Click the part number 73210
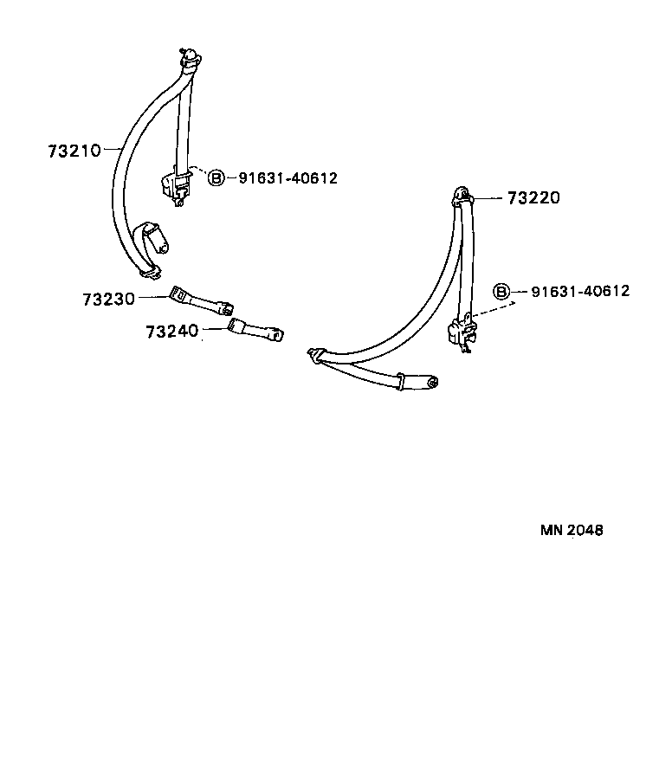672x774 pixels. [74, 151]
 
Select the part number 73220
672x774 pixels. [533, 198]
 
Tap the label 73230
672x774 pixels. [108, 300]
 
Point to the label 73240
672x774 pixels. [171, 332]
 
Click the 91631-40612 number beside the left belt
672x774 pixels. [288, 177]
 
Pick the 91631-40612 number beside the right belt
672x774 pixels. [580, 291]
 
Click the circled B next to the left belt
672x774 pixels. [216, 177]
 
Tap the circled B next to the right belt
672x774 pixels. [501, 291]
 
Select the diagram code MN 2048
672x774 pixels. [572, 530]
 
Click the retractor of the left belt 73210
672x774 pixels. [175, 185]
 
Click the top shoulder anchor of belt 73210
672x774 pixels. [190, 59]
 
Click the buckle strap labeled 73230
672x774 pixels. [200, 301]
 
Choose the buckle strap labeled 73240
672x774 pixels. [255, 330]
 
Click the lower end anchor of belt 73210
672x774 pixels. [150, 272]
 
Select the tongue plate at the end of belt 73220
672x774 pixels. [420, 381]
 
